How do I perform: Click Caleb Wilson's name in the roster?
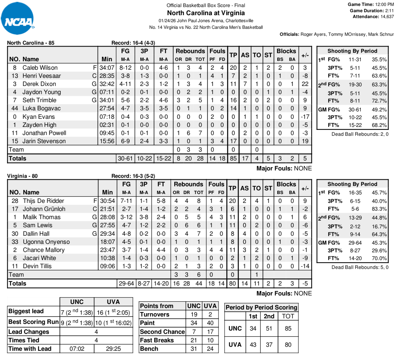[40, 67]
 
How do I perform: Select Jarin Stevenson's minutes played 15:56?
[107, 141]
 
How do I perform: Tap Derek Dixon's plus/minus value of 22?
[305, 84]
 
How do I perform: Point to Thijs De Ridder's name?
[43, 201]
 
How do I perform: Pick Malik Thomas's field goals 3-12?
[126, 217]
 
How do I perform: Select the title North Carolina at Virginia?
[206, 13]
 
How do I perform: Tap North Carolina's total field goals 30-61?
[126, 158]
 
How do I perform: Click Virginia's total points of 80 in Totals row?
[232, 283]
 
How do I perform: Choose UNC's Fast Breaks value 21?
[194, 340]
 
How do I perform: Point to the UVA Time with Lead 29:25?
[113, 349]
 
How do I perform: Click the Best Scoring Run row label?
[33, 322]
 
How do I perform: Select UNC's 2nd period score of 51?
[269, 328]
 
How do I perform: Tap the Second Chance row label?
[162, 332]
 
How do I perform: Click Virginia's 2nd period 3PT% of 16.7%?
[380, 226]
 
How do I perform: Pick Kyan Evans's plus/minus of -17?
[305, 117]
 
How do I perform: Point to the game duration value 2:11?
[389, 11]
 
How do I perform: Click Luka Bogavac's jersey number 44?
[15, 108]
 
